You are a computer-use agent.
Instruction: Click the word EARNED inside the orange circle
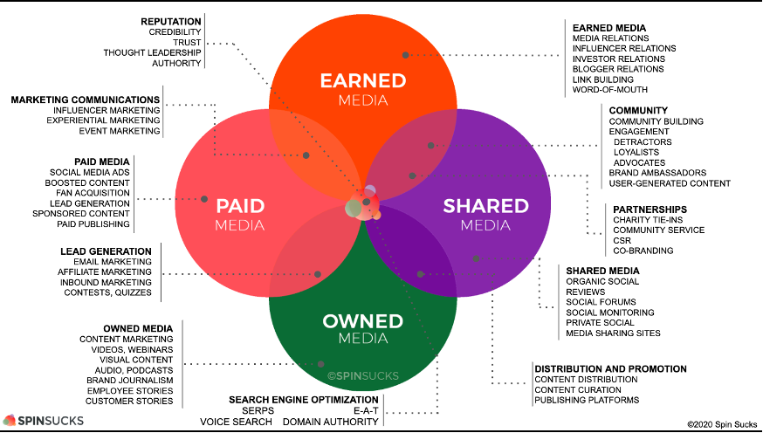[363, 81]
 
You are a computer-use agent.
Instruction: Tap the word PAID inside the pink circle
[240, 206]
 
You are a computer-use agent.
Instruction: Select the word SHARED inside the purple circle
[485, 206]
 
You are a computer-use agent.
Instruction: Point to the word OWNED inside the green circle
[363, 321]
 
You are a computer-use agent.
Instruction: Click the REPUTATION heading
[171, 22]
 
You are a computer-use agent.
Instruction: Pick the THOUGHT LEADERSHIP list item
[152, 52]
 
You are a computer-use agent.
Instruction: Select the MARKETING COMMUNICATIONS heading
[86, 100]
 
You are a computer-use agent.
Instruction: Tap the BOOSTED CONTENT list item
[87, 183]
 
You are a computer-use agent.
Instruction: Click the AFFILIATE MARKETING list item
[105, 272]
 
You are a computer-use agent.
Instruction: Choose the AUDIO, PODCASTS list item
[134, 370]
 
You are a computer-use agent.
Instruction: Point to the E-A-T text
[367, 410]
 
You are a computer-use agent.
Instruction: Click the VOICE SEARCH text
[236, 422]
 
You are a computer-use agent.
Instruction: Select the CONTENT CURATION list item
[578, 389]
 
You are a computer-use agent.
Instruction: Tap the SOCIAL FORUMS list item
[601, 302]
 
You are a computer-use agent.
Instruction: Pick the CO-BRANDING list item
[643, 251]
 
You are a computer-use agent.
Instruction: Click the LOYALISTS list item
[636, 152]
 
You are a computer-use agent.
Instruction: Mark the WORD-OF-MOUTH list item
[610, 90]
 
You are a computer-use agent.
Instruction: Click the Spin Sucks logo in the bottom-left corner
[44, 421]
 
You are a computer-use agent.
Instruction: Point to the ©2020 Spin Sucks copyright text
[722, 425]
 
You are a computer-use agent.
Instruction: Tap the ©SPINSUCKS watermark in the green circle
[363, 375]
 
